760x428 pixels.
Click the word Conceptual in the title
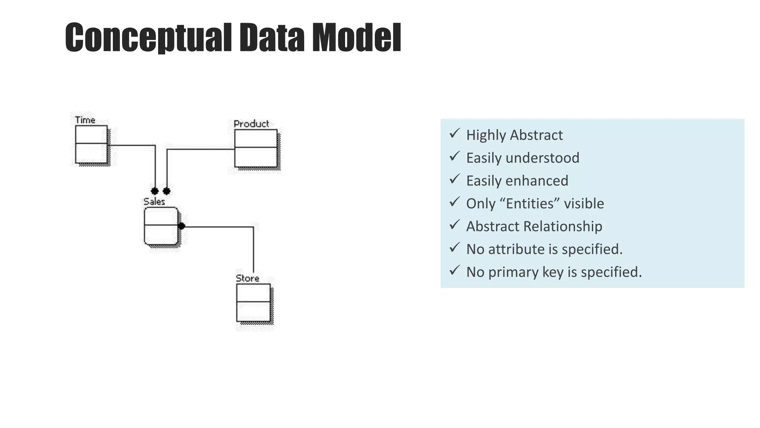[x=148, y=38]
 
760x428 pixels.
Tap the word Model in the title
[x=356, y=38]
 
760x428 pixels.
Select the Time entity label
[x=85, y=120]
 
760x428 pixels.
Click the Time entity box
[x=91, y=145]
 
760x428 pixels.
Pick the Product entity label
[x=251, y=124]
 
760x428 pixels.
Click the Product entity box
[x=256, y=148]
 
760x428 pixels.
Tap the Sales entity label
[x=154, y=201]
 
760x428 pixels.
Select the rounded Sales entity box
[x=161, y=226]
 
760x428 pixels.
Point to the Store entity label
[x=248, y=278]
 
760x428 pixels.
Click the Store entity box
[x=253, y=302]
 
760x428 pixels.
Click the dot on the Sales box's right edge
[x=181, y=226]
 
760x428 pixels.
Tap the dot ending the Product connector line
[x=167, y=191]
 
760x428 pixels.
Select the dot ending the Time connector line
[x=155, y=191]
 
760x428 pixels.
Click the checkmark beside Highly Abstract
[x=454, y=133]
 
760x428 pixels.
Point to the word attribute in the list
[x=516, y=249]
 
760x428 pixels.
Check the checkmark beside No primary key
[x=454, y=270]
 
